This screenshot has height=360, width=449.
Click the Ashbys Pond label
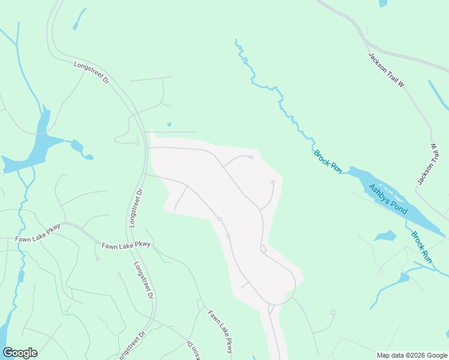click(388, 199)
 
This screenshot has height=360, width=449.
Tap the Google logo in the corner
click(20, 353)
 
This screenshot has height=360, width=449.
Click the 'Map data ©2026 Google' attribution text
click(412, 355)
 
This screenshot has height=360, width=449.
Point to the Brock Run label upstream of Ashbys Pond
click(328, 162)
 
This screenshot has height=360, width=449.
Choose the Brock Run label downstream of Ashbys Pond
click(421, 247)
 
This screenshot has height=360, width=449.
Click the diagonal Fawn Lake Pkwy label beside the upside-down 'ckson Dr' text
click(221, 331)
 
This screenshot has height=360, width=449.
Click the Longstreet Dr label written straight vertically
click(136, 208)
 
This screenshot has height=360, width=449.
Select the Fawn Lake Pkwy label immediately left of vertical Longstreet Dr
click(126, 245)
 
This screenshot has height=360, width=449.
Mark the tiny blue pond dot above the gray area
click(169, 125)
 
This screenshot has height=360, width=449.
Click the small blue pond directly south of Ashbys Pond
click(385, 235)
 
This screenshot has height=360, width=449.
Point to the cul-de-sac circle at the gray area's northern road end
click(251, 157)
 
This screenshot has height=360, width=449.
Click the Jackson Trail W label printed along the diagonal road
click(387, 70)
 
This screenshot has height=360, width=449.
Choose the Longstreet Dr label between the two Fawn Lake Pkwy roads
click(143, 281)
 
